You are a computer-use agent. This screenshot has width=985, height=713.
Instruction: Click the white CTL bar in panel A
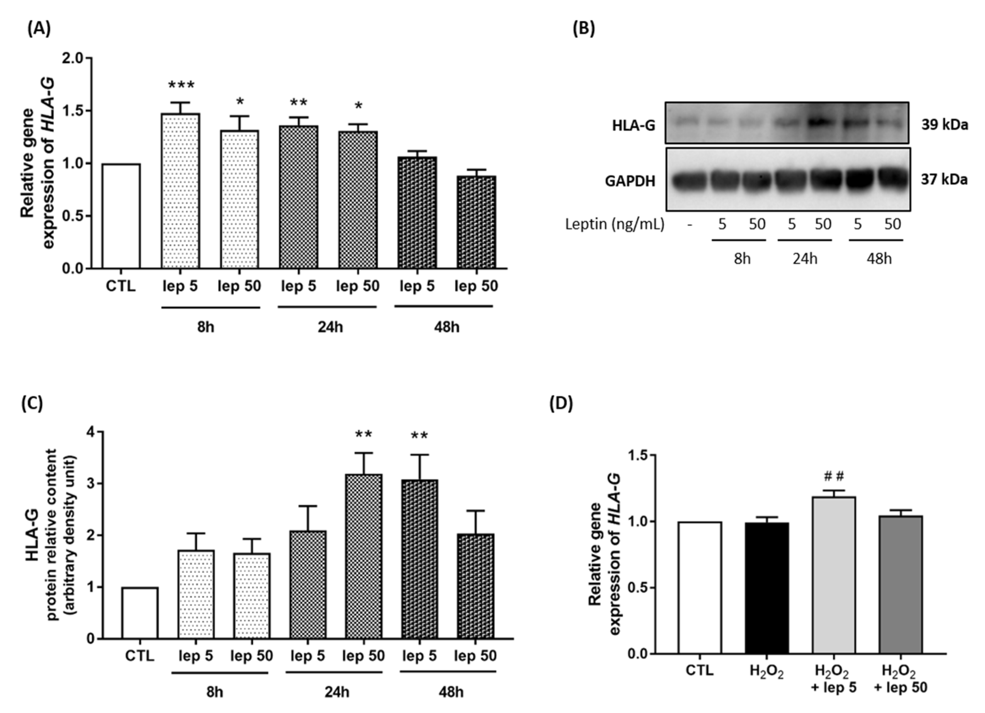pyautogui.click(x=121, y=216)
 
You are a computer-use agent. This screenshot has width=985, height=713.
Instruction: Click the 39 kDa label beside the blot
pyautogui.click(x=945, y=125)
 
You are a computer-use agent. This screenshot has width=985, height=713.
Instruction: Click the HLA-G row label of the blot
pyautogui.click(x=633, y=126)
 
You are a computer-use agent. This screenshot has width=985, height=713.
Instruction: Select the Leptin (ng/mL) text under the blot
pyautogui.click(x=614, y=224)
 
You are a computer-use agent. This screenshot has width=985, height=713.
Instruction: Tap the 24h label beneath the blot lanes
pyautogui.click(x=805, y=259)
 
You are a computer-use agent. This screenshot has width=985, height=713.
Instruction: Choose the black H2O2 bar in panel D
pyautogui.click(x=767, y=588)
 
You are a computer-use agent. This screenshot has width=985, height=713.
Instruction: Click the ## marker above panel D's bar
pyautogui.click(x=834, y=476)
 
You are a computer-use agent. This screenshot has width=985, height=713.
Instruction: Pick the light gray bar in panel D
pyautogui.click(x=834, y=575)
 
